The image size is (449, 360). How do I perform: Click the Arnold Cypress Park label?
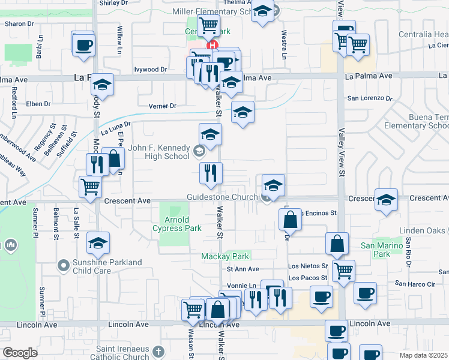(x=176, y=224)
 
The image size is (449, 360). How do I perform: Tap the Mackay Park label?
(x=224, y=256)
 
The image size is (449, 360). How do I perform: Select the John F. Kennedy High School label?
(x=159, y=152)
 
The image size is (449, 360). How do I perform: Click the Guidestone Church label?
(x=223, y=197)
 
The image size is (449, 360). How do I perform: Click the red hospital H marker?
(x=211, y=45)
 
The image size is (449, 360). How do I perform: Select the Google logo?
(x=20, y=353)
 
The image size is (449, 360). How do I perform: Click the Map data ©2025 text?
(x=424, y=355)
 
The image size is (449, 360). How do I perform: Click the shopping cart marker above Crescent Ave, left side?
(x=90, y=186)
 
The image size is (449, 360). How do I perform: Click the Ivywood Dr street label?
(x=150, y=70)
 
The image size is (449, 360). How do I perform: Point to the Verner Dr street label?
(x=163, y=106)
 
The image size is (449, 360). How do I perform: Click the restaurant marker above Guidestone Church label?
(x=211, y=173)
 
